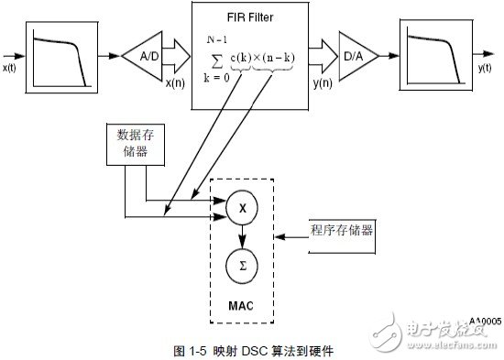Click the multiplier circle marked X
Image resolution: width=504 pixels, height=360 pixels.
pyautogui.click(x=243, y=210)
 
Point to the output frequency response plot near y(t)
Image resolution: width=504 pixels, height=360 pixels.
pyautogui.click(x=435, y=56)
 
